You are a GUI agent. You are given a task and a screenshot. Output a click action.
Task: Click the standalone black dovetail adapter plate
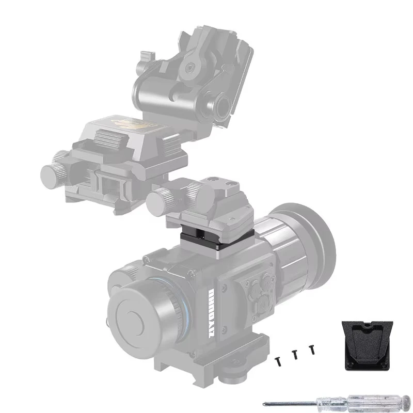pyautogui.click(x=368, y=344)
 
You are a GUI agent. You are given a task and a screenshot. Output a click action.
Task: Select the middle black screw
pyautogui.click(x=295, y=354)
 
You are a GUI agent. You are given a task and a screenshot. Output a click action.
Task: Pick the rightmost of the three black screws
pyautogui.click(x=312, y=350)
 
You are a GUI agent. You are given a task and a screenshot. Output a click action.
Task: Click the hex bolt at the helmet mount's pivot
pyautogui.click(x=193, y=67)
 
